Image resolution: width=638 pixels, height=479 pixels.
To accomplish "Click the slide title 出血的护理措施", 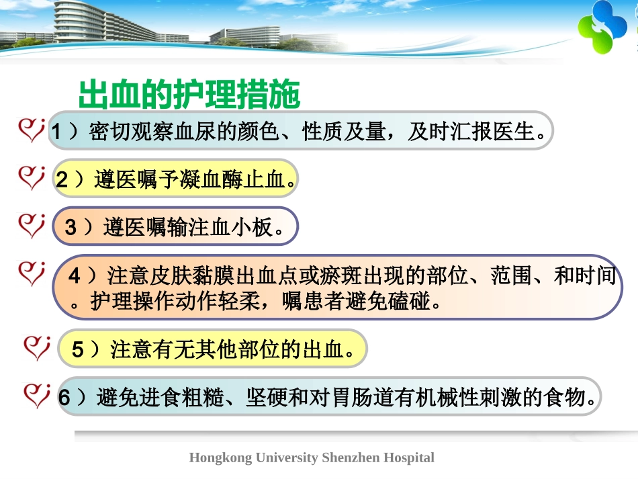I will [x=189, y=95].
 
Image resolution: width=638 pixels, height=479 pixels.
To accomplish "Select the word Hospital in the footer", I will [x=409, y=458].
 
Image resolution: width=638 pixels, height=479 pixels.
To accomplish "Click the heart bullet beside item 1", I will [x=31, y=130].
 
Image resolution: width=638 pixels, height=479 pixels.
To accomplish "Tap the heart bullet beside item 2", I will [x=31, y=178].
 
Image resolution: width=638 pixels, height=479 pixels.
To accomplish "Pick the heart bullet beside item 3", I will [x=31, y=225].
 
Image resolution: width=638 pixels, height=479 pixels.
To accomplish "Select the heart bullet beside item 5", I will [x=36, y=347].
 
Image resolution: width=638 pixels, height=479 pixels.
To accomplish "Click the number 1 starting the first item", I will [x=57, y=132].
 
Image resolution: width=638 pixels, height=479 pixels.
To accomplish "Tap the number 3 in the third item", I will [x=71, y=228].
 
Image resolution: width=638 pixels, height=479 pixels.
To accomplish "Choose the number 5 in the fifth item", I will [x=78, y=349].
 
